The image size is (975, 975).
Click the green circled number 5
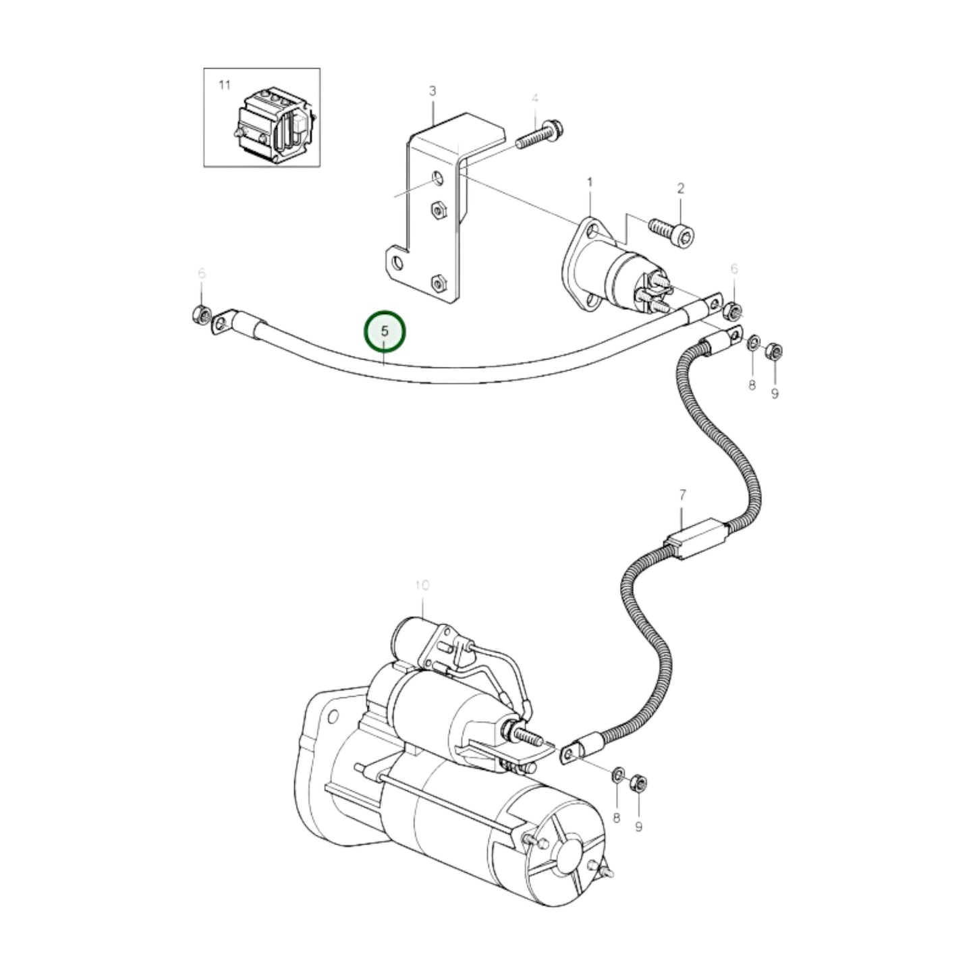pos(385,332)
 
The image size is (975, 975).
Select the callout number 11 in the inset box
pos(224,85)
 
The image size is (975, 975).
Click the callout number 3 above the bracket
pos(433,90)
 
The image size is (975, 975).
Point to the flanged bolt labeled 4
pos(540,134)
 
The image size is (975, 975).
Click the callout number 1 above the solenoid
pos(590,182)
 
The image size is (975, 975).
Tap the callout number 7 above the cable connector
pos(681,495)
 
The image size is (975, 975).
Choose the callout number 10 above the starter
pos(422,585)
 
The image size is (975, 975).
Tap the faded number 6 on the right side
pos(734,269)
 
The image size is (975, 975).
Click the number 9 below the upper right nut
pos(775,392)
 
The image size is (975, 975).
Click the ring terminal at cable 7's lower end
pos(574,750)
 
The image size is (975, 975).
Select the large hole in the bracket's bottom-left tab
pos(397,262)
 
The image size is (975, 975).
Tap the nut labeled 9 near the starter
pos(638,783)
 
